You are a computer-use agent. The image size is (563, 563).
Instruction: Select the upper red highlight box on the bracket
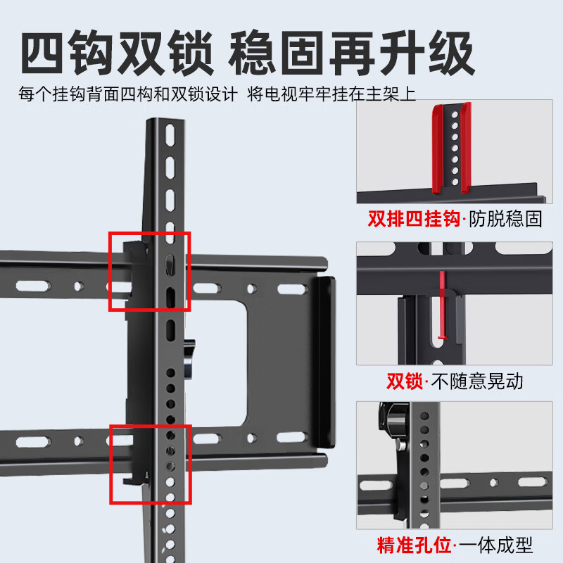[x=149, y=271]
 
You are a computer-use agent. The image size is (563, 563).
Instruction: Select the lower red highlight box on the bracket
[x=149, y=464]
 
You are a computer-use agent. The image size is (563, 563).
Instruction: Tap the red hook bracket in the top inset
[x=450, y=148]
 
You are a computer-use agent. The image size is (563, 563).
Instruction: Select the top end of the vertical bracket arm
[x=167, y=127]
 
